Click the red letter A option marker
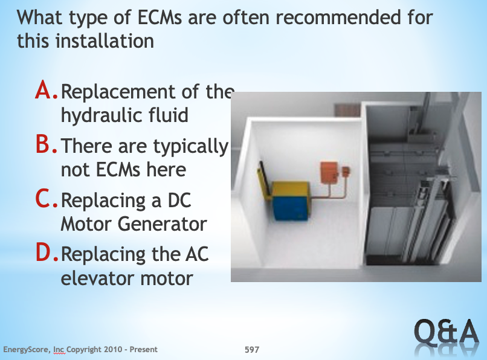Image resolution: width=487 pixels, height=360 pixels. (46, 90)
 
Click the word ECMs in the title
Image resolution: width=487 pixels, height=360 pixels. (160, 18)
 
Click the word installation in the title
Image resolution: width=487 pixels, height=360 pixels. (105, 41)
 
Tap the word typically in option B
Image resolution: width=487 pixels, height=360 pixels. (191, 147)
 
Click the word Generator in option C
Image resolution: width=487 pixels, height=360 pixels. (163, 223)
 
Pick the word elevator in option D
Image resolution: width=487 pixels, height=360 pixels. (98, 278)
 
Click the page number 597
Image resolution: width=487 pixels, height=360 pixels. (251, 350)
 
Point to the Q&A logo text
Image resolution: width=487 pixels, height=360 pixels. (446, 332)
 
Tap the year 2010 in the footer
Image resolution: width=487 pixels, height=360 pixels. (113, 350)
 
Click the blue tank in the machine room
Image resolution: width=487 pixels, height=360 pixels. (290, 207)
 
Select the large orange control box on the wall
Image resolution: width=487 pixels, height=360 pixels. (329, 172)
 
